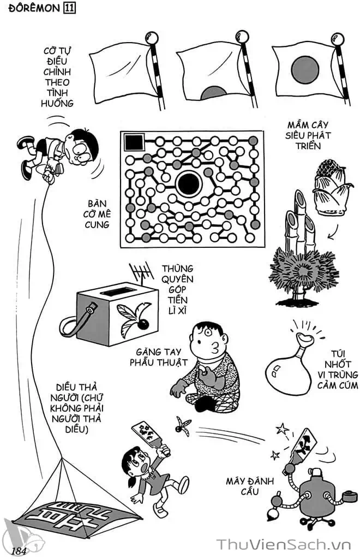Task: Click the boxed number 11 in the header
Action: click(x=69, y=8)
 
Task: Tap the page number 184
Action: click(x=19, y=550)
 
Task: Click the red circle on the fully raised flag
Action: click(x=305, y=69)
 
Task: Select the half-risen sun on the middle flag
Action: click(x=214, y=93)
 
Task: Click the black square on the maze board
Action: click(x=134, y=142)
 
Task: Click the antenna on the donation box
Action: click(x=142, y=274)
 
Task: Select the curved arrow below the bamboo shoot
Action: click(x=334, y=232)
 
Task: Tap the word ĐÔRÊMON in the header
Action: click(x=33, y=9)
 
